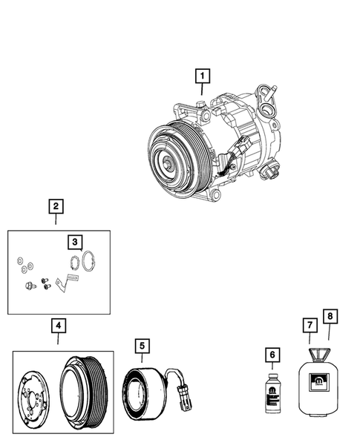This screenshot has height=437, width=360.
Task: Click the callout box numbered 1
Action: click(x=202, y=74)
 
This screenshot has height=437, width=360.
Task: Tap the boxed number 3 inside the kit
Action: click(x=74, y=241)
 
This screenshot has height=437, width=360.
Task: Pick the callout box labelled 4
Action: click(x=57, y=325)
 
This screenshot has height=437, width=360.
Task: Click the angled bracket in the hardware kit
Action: click(x=65, y=280)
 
